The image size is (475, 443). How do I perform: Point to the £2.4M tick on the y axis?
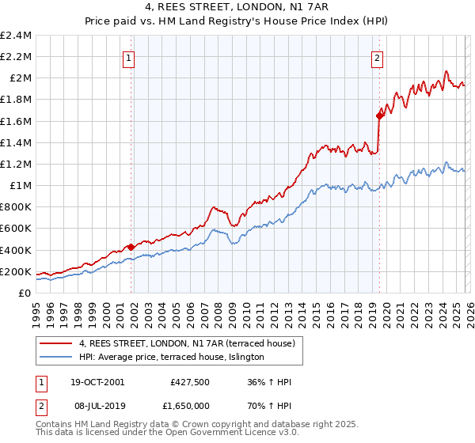click(16, 36)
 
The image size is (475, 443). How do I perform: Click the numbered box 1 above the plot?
click(128, 57)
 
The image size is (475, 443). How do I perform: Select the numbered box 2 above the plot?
click(377, 57)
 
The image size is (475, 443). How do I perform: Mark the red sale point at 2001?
click(131, 247)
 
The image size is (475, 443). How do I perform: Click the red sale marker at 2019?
click(379, 115)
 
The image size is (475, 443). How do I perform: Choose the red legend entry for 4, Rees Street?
click(187, 343)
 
